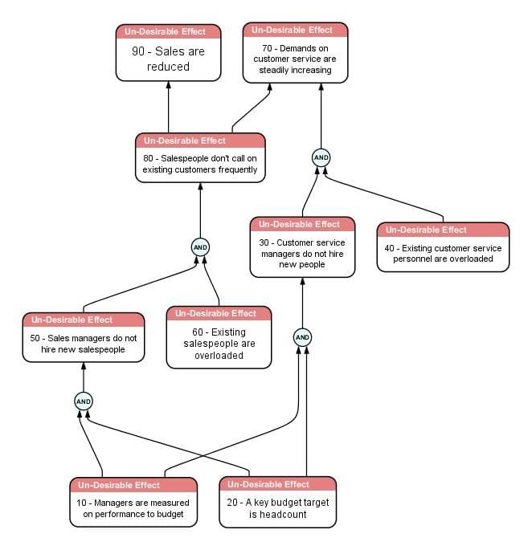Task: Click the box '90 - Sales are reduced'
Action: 168,53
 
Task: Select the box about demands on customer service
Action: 295,53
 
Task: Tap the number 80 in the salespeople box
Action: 148,158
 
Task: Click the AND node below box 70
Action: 321,157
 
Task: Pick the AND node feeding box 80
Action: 200,247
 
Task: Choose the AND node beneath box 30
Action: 302,337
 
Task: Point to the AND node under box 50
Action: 84,401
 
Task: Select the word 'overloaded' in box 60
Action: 219,356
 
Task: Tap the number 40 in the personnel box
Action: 389,248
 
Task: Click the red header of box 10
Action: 133,485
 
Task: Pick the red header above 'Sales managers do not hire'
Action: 84,320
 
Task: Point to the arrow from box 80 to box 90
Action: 168,107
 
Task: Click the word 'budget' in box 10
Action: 170,514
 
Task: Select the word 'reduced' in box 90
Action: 168,67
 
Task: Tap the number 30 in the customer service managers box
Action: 264,242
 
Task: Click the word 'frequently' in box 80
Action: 238,170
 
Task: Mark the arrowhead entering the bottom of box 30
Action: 302,281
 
